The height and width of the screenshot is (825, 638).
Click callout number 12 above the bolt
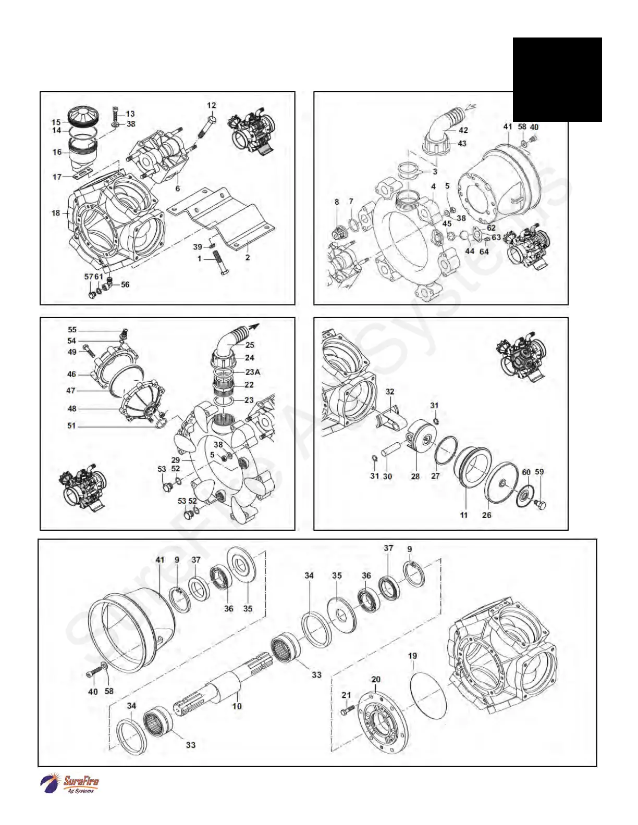(211, 105)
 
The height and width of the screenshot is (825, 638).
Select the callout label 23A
(253, 372)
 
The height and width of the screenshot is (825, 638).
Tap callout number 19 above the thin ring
(412, 656)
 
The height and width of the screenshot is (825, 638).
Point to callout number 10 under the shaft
(237, 706)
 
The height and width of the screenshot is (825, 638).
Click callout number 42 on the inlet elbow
(463, 130)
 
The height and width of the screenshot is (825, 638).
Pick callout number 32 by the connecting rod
(390, 391)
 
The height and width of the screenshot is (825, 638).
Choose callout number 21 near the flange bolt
(346, 695)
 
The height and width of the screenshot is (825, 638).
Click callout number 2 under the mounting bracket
(248, 257)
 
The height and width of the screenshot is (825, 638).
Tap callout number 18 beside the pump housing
(56, 213)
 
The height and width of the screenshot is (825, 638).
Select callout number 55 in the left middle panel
(72, 330)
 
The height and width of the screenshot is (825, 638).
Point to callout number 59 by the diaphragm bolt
(539, 472)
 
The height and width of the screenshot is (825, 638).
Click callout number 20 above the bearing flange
(376, 679)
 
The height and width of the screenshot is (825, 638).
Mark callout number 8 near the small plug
(337, 202)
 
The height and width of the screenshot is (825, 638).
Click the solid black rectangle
(557, 79)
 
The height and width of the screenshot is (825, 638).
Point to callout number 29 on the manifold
(176, 460)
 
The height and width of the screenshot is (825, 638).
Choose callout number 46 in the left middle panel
(71, 374)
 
